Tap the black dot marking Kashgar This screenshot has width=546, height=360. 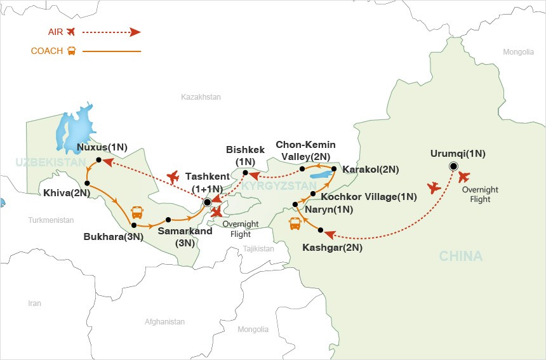click(x=321, y=230)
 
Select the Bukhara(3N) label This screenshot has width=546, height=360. click(x=114, y=237)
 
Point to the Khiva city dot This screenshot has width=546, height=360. click(x=86, y=183)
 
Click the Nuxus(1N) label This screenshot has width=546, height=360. click(x=102, y=148)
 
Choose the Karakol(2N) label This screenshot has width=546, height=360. click(x=370, y=170)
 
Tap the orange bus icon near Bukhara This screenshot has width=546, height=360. click(x=136, y=212)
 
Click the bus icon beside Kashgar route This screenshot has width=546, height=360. click(x=295, y=223)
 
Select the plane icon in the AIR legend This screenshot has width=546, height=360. click(x=71, y=32)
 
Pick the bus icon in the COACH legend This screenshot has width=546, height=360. click(x=71, y=51)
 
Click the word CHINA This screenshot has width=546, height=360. click(x=460, y=257)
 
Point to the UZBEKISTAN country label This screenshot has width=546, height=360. click(x=51, y=163)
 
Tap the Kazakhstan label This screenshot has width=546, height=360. click(x=201, y=97)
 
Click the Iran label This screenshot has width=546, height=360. click(x=34, y=303)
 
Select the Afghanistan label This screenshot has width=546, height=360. click(x=164, y=322)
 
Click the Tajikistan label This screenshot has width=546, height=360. click(x=258, y=249)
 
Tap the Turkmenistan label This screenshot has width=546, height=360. click(x=51, y=220)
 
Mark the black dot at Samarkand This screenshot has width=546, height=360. click(x=168, y=220)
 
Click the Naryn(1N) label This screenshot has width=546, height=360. click(x=328, y=209)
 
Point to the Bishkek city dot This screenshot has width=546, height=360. click(x=245, y=172)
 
